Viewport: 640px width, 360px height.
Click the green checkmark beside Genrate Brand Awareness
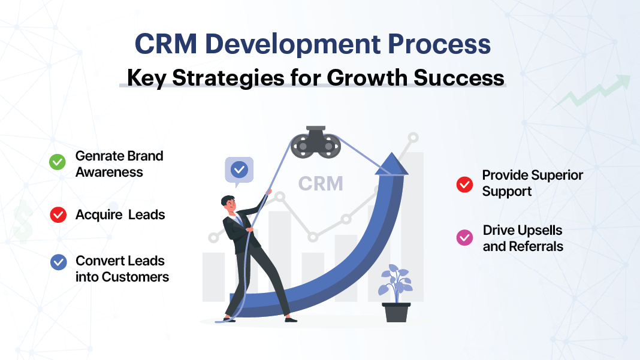(58, 162)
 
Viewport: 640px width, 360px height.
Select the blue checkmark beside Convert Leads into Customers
(59, 262)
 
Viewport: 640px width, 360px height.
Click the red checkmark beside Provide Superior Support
(464, 184)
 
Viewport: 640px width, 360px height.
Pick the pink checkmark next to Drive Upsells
(464, 238)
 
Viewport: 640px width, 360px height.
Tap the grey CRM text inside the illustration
(321, 183)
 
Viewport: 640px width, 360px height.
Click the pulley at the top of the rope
(315, 145)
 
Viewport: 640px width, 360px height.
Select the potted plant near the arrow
(396, 294)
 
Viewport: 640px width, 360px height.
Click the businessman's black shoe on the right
(291, 319)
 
